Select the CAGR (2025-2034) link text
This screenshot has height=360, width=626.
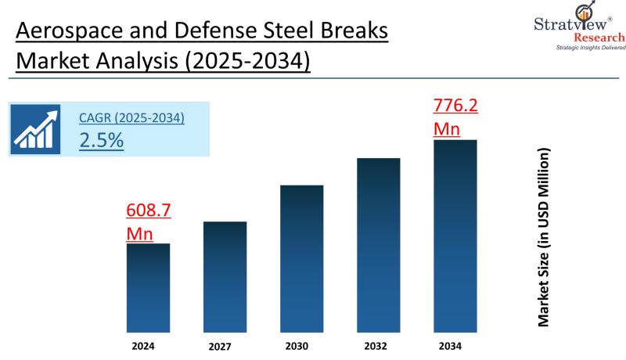pyautogui.click(x=131, y=118)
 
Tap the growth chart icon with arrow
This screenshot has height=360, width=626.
pyautogui.click(x=36, y=129)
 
